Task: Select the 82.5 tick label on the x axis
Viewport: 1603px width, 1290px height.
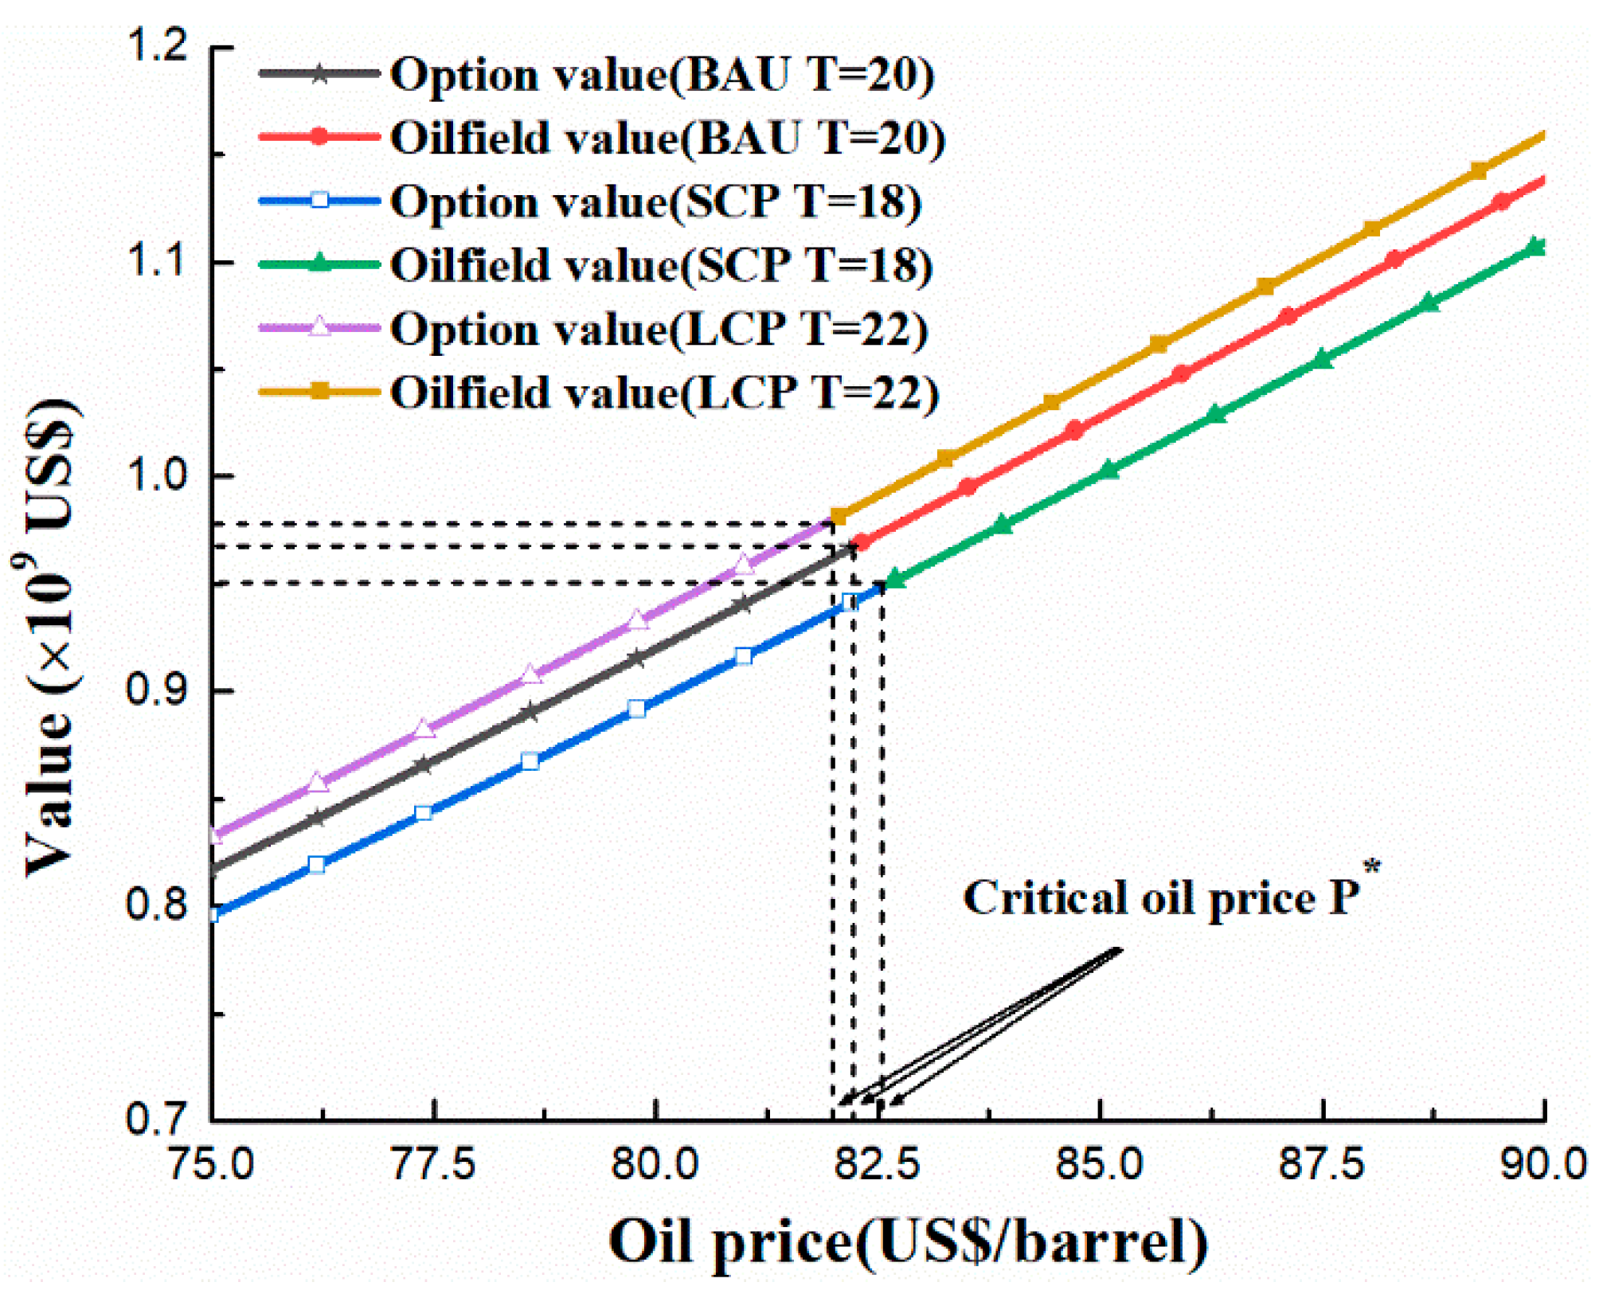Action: click(x=877, y=1165)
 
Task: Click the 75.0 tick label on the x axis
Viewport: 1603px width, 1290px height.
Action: click(x=211, y=1165)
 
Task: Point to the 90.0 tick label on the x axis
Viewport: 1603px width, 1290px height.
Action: click(x=1543, y=1165)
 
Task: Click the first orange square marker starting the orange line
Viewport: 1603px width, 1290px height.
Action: click(x=838, y=517)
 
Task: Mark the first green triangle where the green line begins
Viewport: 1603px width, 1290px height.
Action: click(x=895, y=579)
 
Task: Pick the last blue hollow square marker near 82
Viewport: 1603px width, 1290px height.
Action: click(x=850, y=603)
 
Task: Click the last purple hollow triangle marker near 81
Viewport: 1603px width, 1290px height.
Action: click(x=743, y=565)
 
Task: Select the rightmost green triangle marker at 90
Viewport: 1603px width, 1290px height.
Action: click(x=1537, y=246)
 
